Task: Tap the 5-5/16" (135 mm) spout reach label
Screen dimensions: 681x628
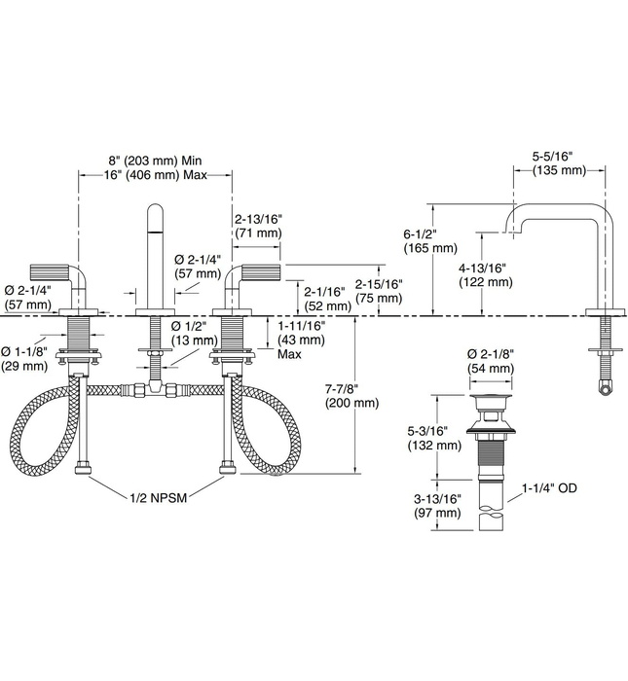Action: click(559, 162)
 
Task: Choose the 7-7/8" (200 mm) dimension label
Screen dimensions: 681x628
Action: click(347, 395)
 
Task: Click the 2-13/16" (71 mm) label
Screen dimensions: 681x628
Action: click(257, 227)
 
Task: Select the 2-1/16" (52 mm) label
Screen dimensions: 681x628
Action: click(326, 298)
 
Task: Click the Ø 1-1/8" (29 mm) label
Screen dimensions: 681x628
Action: click(24, 358)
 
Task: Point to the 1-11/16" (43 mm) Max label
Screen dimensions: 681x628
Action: click(302, 340)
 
